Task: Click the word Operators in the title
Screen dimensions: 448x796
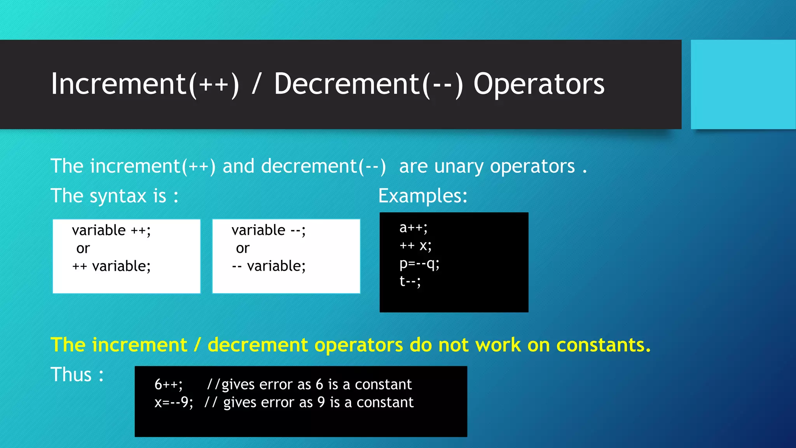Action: point(539,84)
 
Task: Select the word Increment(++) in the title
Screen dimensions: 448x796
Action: point(145,84)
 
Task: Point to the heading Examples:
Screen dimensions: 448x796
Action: point(422,196)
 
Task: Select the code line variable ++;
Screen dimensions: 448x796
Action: point(111,230)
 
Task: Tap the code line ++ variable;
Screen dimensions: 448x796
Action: point(111,266)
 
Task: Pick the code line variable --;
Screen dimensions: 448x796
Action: point(269,230)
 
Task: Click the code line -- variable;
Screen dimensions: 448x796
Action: point(269,266)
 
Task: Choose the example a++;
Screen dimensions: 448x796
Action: point(413,227)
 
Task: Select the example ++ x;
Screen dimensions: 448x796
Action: point(415,245)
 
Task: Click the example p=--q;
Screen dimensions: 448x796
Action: point(419,264)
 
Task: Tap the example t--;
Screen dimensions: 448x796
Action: point(410,281)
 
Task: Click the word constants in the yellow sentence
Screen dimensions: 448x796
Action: point(603,345)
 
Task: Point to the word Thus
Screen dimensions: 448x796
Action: point(71,374)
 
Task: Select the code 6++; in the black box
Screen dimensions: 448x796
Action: point(168,385)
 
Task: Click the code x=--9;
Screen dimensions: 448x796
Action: point(173,402)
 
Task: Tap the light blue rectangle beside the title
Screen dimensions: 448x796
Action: point(743,84)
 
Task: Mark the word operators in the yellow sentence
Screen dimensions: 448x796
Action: point(358,345)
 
